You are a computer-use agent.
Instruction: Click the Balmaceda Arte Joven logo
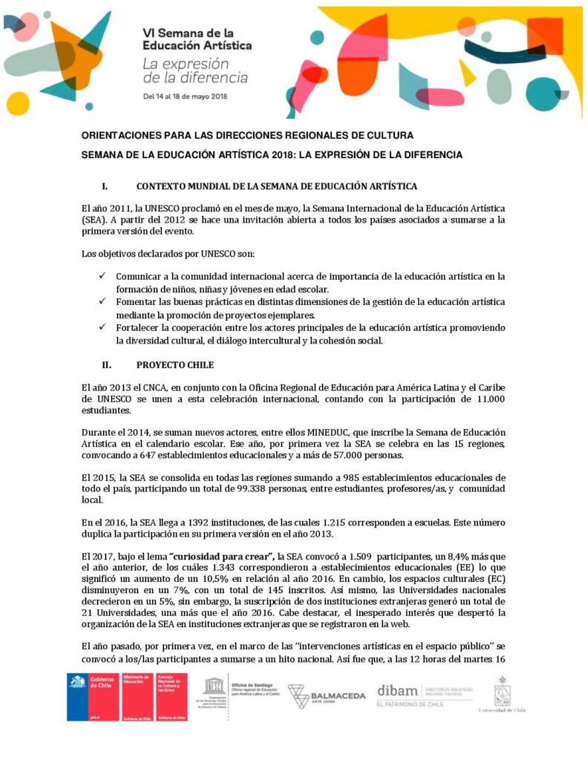pos(327,695)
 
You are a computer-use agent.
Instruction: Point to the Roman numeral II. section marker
pos(107,364)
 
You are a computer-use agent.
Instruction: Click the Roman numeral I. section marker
pos(105,186)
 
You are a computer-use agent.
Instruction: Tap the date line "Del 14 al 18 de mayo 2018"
pos(185,96)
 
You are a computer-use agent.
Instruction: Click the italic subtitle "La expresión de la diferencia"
pos(194,71)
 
